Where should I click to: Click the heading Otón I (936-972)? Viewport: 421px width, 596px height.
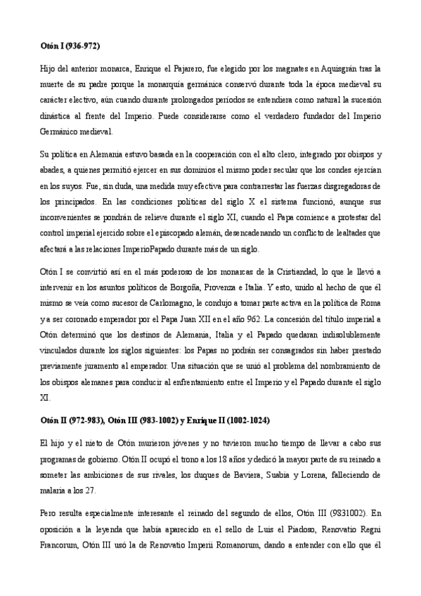pos(70,46)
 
